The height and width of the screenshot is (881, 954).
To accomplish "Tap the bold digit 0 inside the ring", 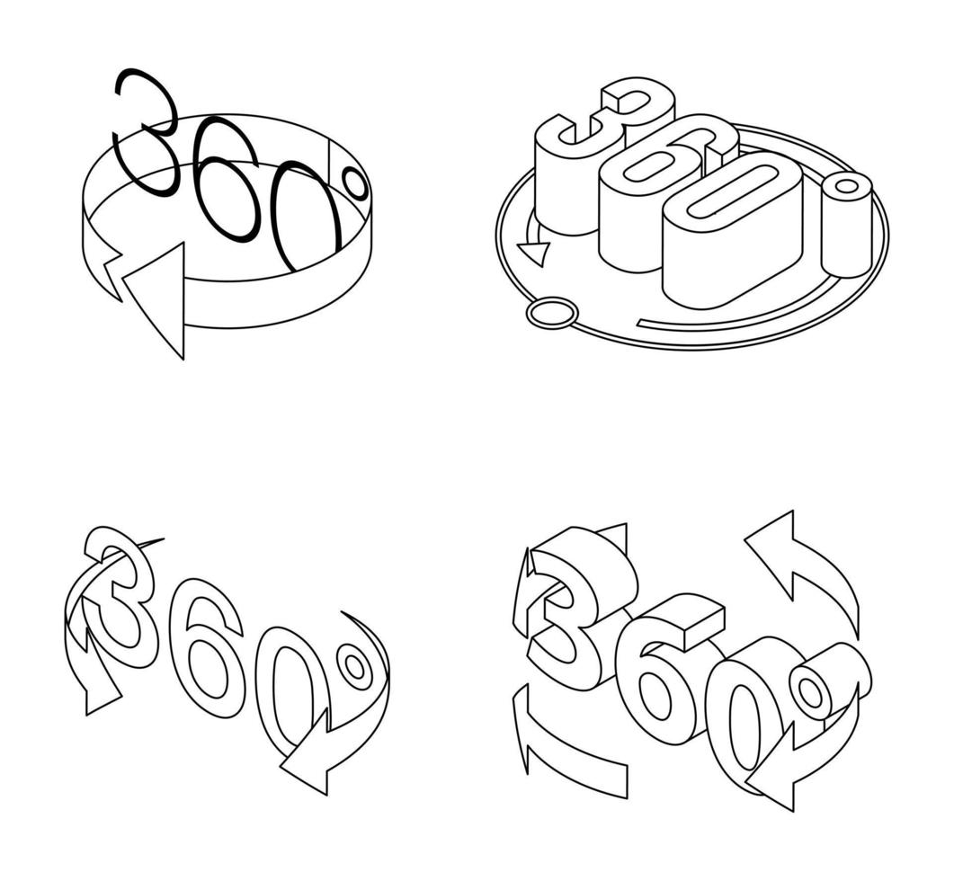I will pyautogui.click(x=306, y=216).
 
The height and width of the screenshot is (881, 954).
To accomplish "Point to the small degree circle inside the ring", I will pyautogui.click(x=356, y=184).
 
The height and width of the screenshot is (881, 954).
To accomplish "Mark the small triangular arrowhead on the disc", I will pyautogui.click(x=534, y=253).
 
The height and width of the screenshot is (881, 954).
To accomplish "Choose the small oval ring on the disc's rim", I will pyautogui.click(x=550, y=313).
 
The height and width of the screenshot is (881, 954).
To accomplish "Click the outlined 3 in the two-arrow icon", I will pyautogui.click(x=121, y=598).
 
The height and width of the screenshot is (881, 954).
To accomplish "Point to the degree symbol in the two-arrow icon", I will pyautogui.click(x=355, y=667).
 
